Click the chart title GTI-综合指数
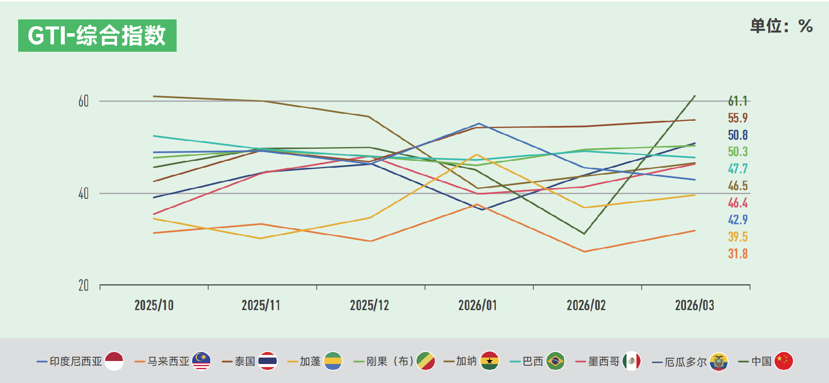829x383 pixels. point(97,35)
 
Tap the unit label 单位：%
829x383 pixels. point(782,26)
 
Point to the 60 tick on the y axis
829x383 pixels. point(83,101)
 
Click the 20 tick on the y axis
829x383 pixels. point(83,286)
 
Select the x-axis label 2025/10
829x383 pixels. point(154,305)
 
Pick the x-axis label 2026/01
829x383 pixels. point(478,305)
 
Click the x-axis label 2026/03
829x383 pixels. point(694,305)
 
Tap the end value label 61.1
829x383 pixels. point(737,101)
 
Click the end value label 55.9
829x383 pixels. point(737,118)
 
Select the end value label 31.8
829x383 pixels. point(737,254)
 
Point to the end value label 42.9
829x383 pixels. point(737,220)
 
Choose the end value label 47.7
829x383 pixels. point(737,169)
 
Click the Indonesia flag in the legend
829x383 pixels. point(114,361)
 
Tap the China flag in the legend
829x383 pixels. point(784,361)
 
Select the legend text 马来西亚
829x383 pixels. point(168,361)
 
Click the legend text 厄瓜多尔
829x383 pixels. point(685,361)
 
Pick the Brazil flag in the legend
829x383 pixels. point(555,361)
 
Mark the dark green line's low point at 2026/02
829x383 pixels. point(584,234)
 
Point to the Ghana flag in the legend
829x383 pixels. point(490,361)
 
